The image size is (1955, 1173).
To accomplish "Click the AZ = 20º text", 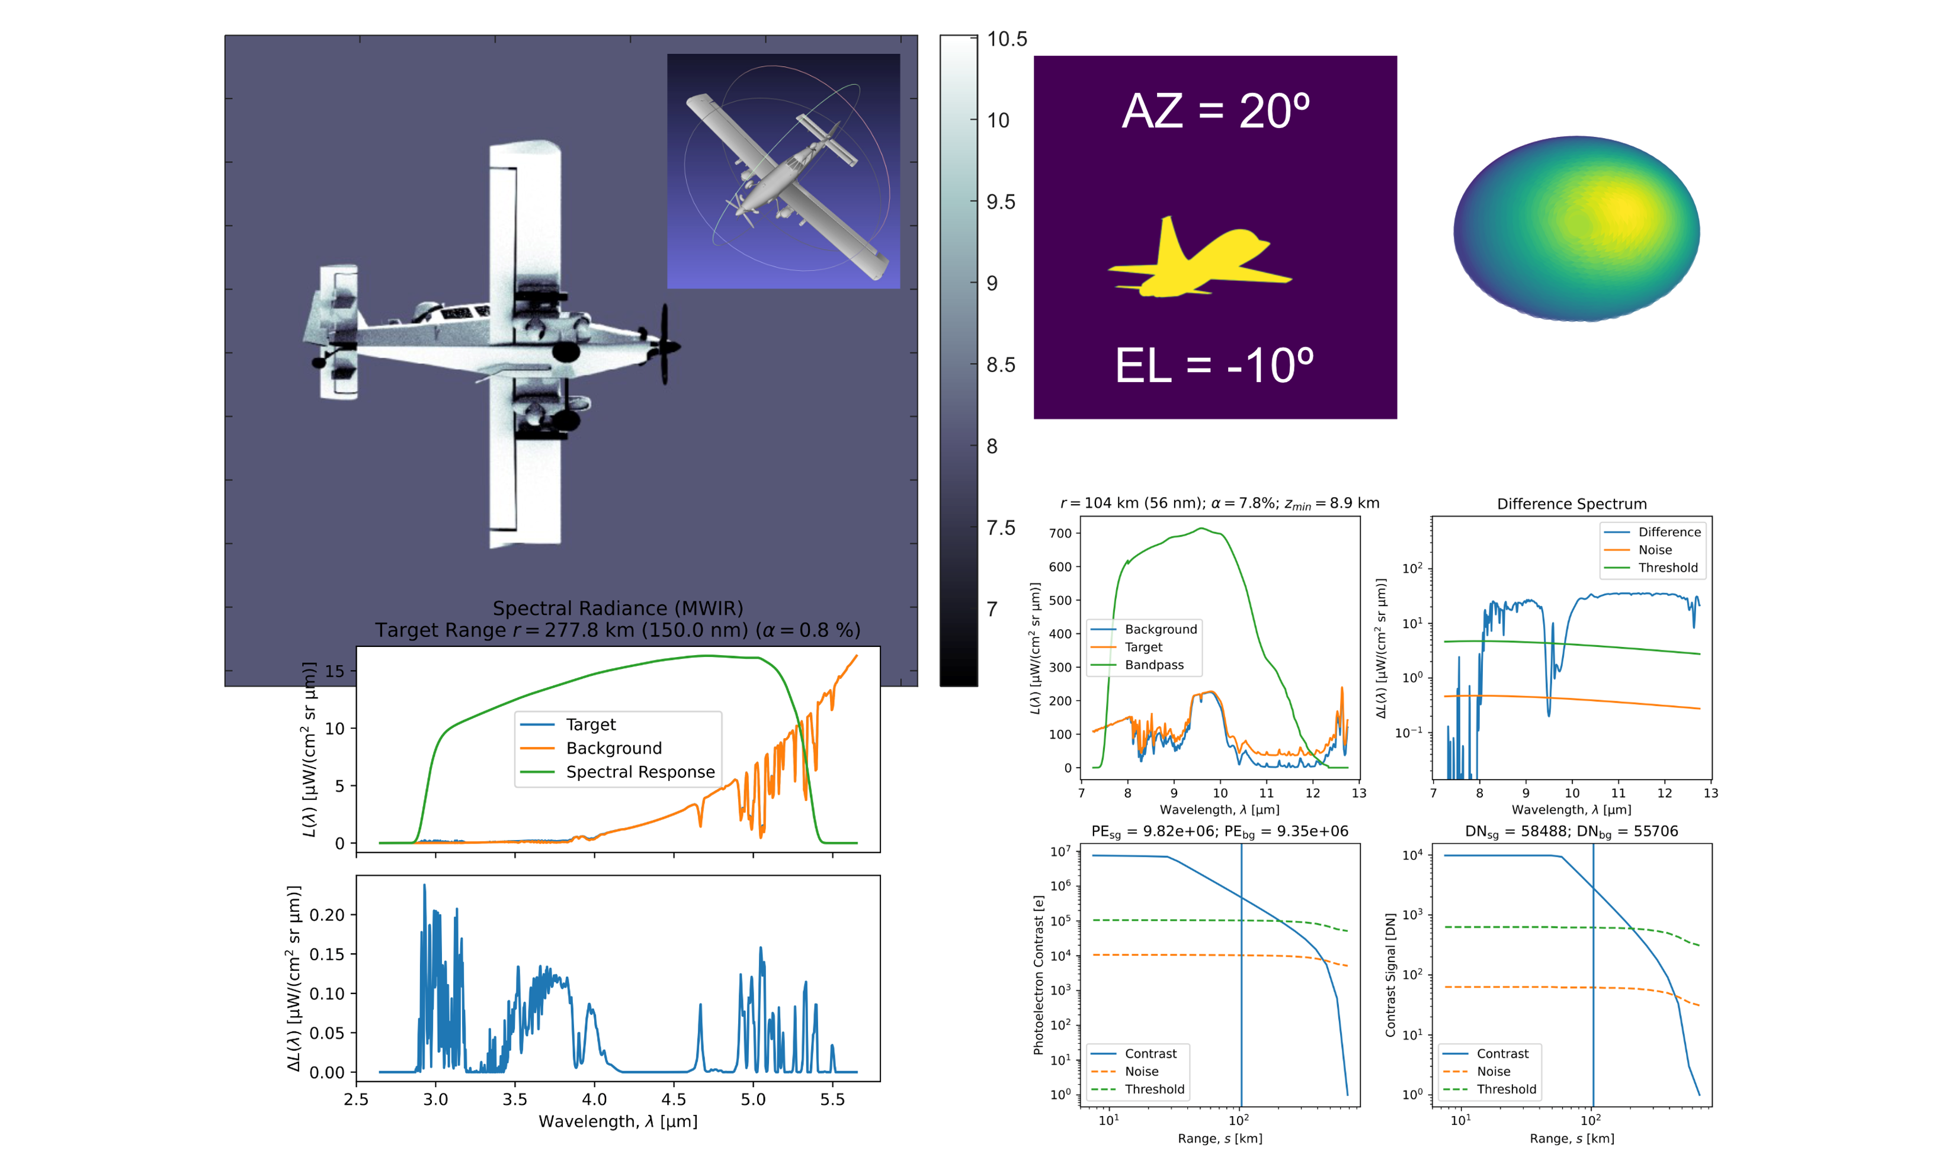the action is click(1215, 111).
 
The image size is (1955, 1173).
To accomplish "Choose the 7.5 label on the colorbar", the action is click(1001, 527).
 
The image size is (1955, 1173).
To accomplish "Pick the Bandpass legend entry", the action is click(1153, 665).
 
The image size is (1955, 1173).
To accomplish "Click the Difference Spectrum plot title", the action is click(1572, 504).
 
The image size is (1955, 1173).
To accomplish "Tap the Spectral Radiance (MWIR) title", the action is click(618, 608).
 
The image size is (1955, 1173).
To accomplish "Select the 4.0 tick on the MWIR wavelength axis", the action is click(594, 1099).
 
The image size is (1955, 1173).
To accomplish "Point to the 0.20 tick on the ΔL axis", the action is click(327, 915).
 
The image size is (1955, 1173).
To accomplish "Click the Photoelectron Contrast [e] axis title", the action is click(1039, 975).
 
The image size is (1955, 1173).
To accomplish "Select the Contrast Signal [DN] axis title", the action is click(1390, 975).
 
